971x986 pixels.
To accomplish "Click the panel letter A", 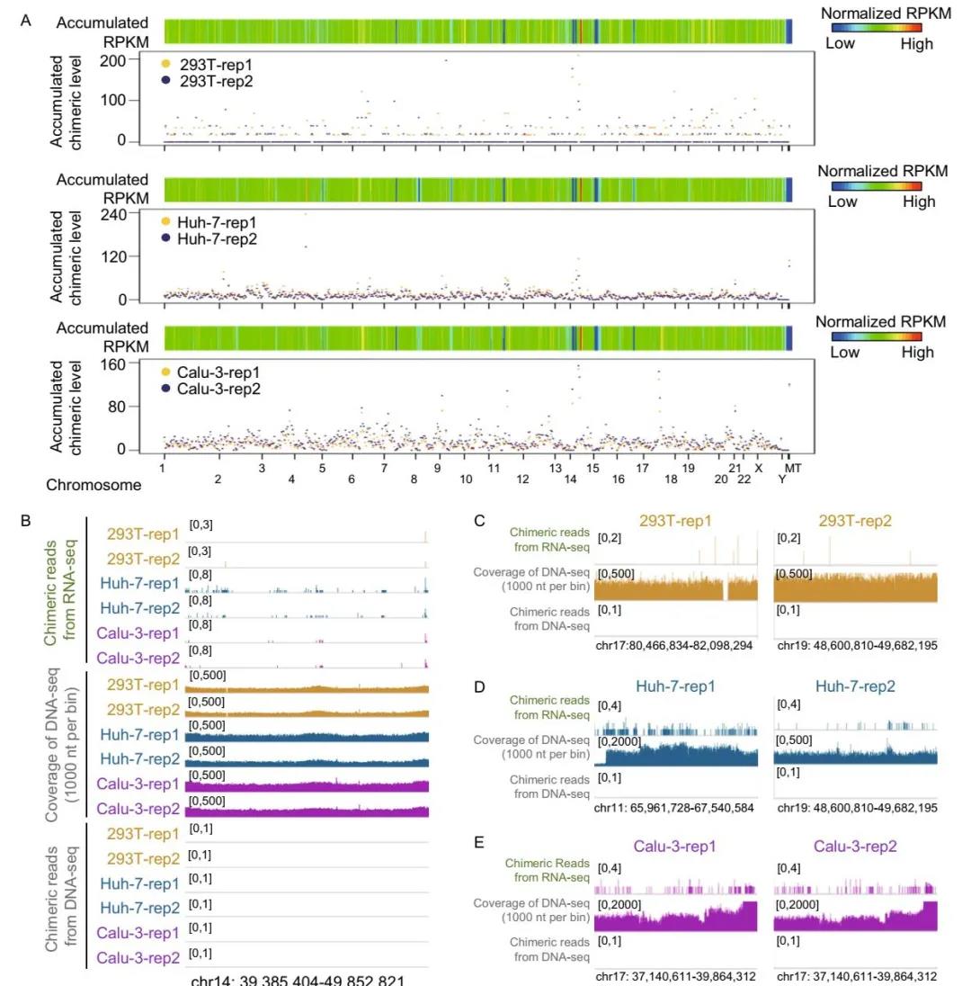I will point(27,21).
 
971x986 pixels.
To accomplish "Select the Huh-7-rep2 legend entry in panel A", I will point(202,238).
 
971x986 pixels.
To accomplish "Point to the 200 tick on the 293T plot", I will point(138,60).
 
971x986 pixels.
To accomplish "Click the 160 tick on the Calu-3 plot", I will point(138,364).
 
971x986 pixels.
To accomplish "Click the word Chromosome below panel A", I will point(94,485).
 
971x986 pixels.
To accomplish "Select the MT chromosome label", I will point(793,468).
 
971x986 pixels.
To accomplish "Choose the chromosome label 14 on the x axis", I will point(570,480).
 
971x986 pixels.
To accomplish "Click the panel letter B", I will point(26,520).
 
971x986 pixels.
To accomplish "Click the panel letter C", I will point(479,520).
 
